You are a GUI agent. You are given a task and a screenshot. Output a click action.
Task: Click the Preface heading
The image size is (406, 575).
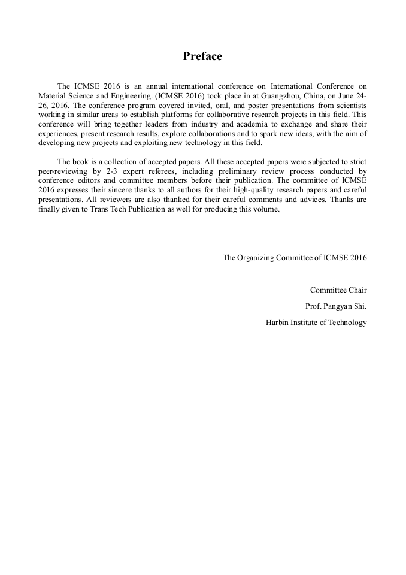tap(202, 56)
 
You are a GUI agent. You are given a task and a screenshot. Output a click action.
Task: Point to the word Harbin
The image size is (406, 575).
tap(277, 323)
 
